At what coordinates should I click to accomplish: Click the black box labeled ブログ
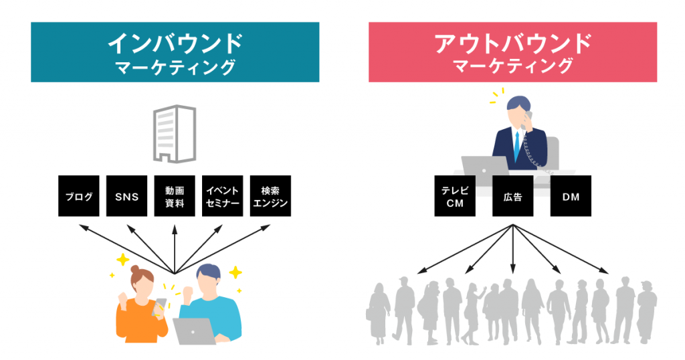tap(79, 196)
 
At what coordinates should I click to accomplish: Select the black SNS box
tap(126, 196)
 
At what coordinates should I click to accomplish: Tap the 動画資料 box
tap(175, 196)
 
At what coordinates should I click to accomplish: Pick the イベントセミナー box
tap(222, 196)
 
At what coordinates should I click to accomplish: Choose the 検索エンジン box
tap(270, 196)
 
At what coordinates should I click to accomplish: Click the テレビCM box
tap(455, 196)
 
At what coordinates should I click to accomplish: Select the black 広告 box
tap(512, 196)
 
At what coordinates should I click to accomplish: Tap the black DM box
tap(571, 196)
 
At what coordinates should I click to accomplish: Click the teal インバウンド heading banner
tap(175, 52)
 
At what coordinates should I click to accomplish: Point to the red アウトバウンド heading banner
tap(512, 52)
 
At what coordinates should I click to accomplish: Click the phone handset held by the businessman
tap(525, 121)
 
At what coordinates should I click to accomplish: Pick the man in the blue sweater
tap(210, 304)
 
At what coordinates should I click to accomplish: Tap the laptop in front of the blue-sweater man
tap(195, 331)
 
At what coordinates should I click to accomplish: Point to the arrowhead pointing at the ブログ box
tap(83, 227)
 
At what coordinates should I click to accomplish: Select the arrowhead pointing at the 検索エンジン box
tap(266, 227)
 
